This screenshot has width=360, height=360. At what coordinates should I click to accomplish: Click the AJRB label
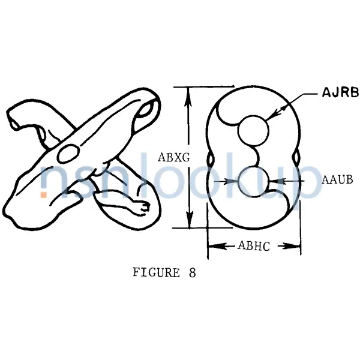coord(340,92)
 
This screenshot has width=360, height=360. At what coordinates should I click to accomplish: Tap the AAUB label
coord(337,180)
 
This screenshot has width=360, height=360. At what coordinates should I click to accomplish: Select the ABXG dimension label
coord(174,157)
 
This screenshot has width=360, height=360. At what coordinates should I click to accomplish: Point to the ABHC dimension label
coord(254,245)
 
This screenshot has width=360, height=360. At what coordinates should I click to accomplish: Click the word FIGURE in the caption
coord(156,272)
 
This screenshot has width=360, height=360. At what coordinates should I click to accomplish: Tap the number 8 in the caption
coord(193,273)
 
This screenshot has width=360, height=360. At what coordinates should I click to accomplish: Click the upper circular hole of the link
coord(253,130)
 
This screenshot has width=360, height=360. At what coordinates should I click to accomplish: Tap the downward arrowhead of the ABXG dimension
coord(189,218)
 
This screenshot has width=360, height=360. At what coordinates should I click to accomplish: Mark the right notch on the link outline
coord(296,157)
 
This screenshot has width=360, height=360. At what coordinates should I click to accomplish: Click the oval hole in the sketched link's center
coord(68,154)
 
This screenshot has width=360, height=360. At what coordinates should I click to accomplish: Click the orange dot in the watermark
coord(44,194)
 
